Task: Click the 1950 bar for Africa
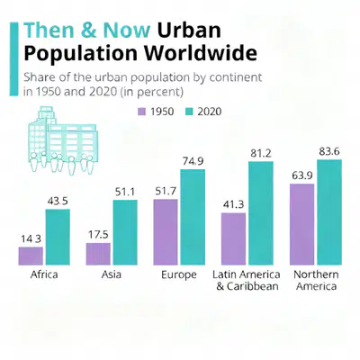click(x=31, y=256)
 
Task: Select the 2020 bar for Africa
click(x=58, y=237)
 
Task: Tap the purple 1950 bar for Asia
click(x=98, y=254)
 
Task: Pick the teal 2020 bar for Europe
click(x=193, y=217)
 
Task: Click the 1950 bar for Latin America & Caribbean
click(x=233, y=238)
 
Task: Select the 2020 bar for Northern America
click(x=329, y=212)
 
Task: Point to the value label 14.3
click(x=31, y=239)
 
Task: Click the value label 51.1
click(x=125, y=192)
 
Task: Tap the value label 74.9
click(x=193, y=161)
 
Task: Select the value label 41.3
click(x=233, y=204)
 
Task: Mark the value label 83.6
click(x=329, y=152)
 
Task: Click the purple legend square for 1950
click(x=141, y=112)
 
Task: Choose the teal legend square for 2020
click(x=189, y=112)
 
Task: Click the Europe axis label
click(x=179, y=274)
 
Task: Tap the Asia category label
click(x=112, y=274)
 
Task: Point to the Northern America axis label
click(x=316, y=280)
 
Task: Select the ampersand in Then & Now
click(x=88, y=30)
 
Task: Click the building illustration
click(x=63, y=140)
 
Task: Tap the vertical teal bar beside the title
click(x=13, y=59)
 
